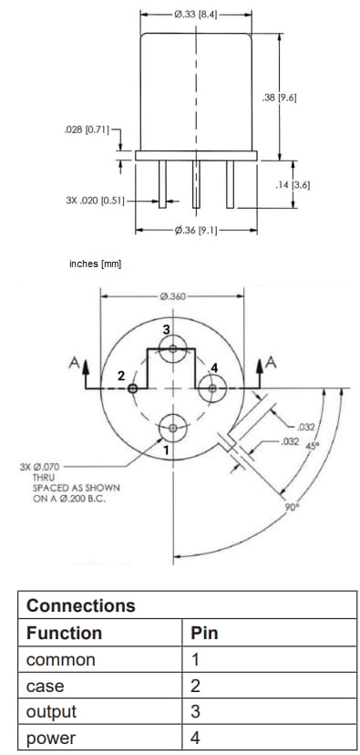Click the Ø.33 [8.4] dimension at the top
click(x=195, y=16)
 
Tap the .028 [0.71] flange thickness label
click(x=87, y=131)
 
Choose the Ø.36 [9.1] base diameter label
click(x=194, y=231)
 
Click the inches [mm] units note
click(x=96, y=264)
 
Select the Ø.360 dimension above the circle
click(x=172, y=296)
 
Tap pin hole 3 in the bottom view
click(x=173, y=346)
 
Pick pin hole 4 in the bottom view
click(x=213, y=388)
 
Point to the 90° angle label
click(x=292, y=508)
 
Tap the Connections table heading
click(x=81, y=605)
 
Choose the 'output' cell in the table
click(x=52, y=711)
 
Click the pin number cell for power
click(x=196, y=737)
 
